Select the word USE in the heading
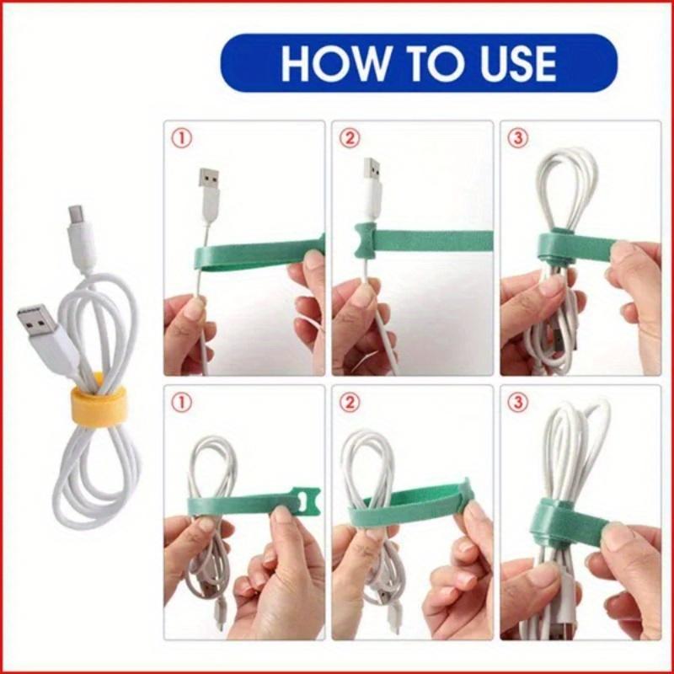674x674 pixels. click(x=513, y=63)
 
